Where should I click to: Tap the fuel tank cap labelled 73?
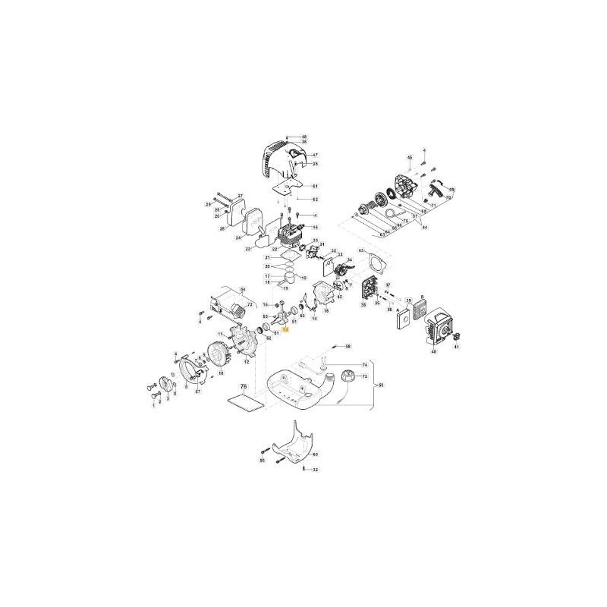click(349, 376)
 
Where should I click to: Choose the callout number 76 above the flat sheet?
click(244, 387)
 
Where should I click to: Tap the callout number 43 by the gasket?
click(362, 251)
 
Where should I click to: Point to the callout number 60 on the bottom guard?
click(315, 454)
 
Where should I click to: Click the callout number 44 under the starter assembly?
click(425, 228)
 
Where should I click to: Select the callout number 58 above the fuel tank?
click(348, 346)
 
